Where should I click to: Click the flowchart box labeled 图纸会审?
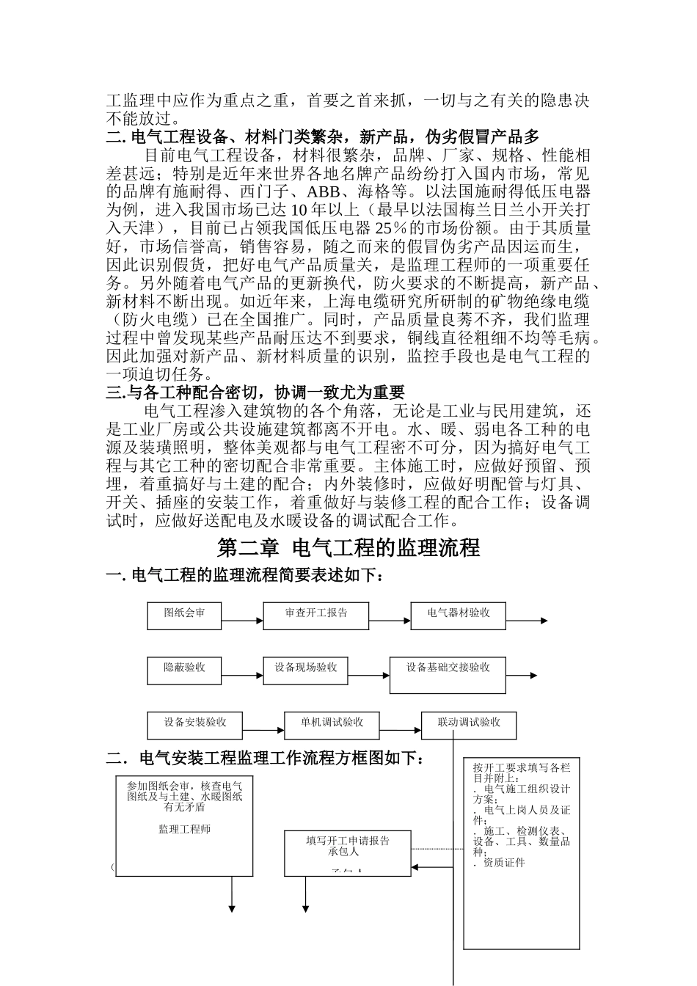pos(184,616)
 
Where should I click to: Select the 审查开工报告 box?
pos(316,616)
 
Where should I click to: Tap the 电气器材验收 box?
pos(459,616)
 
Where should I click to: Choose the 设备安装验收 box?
pos(195,726)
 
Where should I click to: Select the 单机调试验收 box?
pos(332,726)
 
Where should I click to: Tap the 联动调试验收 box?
pos(469,726)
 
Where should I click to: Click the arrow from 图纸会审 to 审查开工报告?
pos(242,621)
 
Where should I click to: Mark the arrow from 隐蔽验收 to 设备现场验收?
pos(242,676)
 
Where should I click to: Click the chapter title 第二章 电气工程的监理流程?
pos(348,548)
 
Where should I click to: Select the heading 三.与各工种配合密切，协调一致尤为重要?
pos(256,392)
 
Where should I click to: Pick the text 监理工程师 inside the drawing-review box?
pos(184,829)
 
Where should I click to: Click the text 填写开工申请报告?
pos(348,841)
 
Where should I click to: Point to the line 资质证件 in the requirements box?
pos(503,863)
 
